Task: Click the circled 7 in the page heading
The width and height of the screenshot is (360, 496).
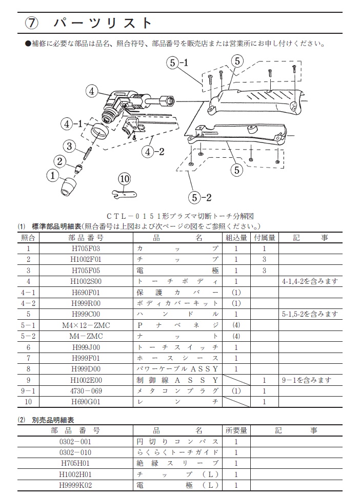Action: (x=31, y=24)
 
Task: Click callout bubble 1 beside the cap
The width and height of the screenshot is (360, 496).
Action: (x=51, y=176)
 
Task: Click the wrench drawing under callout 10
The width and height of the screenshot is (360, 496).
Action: (x=123, y=193)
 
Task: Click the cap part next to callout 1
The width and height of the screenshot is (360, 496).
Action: (x=68, y=185)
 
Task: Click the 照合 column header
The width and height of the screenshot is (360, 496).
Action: (x=28, y=237)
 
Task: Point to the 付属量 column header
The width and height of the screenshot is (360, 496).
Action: (x=264, y=237)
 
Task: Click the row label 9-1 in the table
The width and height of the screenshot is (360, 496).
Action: (x=28, y=391)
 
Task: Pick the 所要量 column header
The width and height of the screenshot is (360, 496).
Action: (x=236, y=430)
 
